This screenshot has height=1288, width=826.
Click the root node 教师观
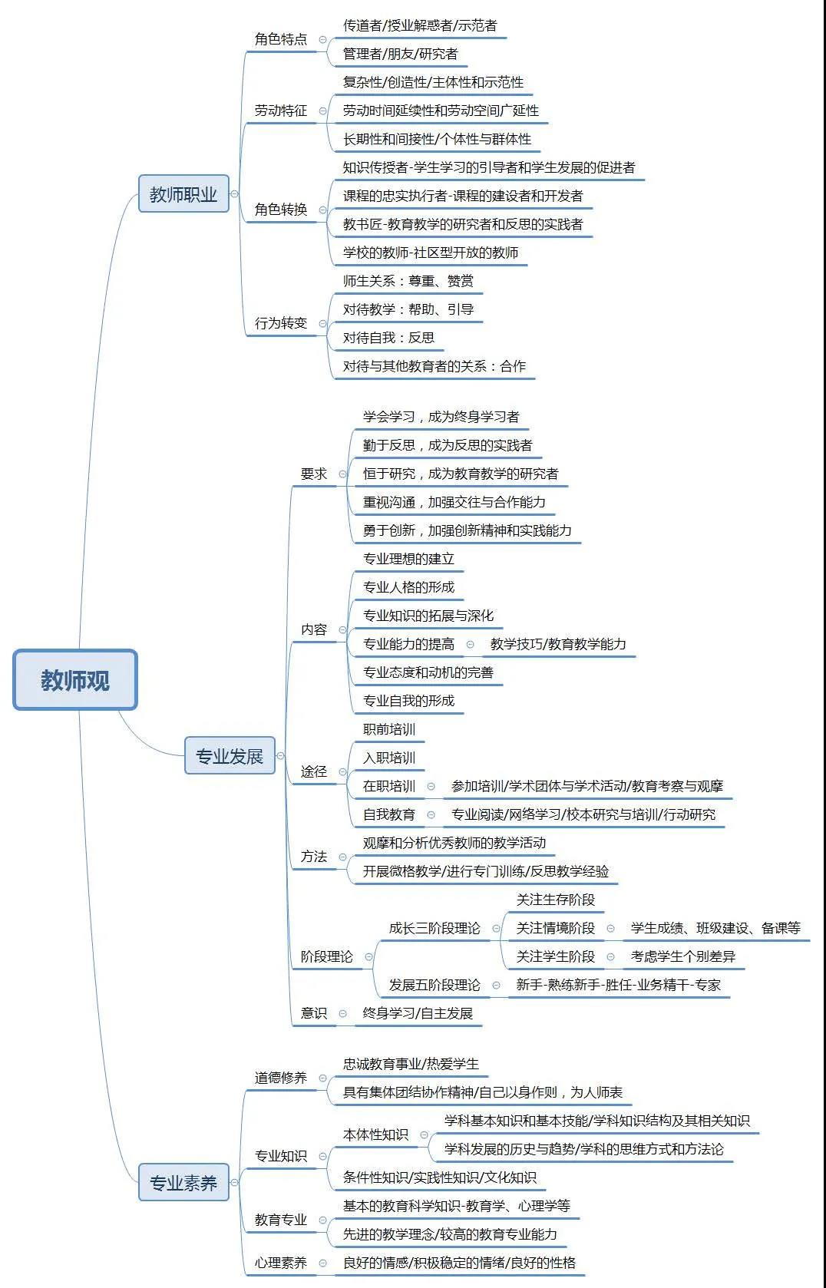pos(74,679)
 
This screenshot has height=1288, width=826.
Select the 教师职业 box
pos(183,193)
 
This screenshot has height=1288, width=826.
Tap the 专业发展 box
pos(230,755)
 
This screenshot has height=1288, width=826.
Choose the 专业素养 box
pos(183,1183)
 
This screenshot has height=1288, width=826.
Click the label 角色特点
pos(281,39)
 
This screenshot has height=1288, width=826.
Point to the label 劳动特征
pos(281,111)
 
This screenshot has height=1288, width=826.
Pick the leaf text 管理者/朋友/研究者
pos(401,54)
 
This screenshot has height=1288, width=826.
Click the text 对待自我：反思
pos(389,338)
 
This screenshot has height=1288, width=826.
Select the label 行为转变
pos(281,323)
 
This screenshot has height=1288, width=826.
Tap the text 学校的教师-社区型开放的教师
pos(431,253)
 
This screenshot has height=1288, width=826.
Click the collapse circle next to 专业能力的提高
pos(470,645)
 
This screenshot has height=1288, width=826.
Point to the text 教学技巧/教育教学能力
pos(558,644)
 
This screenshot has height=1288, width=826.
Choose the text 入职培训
pos(389,758)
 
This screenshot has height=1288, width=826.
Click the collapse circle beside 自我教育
pos(431,814)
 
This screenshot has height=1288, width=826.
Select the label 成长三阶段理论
pos(434,928)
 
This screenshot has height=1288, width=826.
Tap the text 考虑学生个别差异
pos(683,956)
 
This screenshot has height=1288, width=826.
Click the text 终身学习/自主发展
pos(418,1013)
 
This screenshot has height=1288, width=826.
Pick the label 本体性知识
pos(375,1134)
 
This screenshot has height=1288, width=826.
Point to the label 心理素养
pos(281,1263)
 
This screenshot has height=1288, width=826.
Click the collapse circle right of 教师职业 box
pos(234,194)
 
